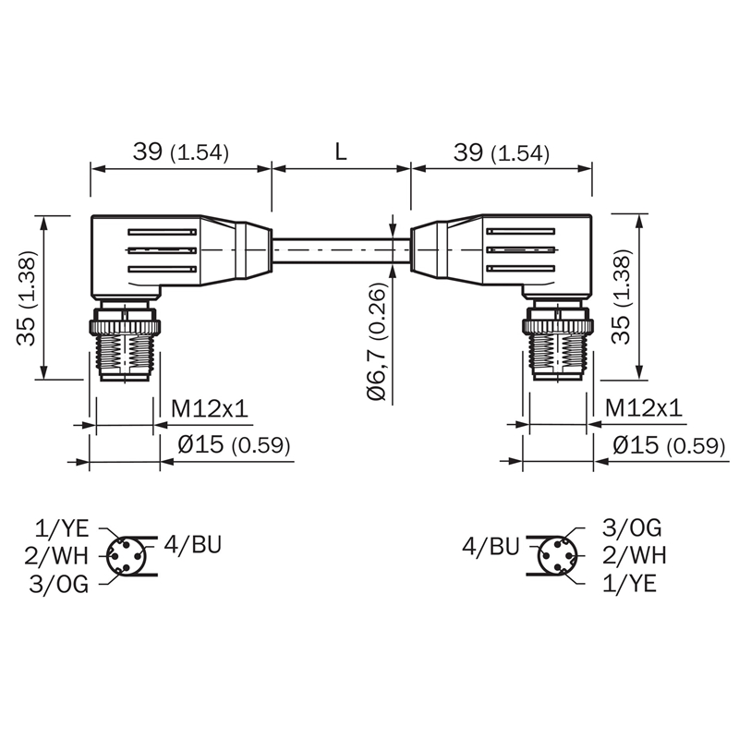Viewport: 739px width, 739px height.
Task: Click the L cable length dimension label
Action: coord(341,151)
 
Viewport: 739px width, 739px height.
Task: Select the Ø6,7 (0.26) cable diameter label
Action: coord(378,342)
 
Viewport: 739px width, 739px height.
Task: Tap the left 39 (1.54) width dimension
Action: coord(180,151)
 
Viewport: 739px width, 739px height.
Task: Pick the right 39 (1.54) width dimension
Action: coord(502,151)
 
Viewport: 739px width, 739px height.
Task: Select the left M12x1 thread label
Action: coord(210,408)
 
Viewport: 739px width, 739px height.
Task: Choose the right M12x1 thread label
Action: coord(644,407)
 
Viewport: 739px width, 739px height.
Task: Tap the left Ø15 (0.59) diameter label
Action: coord(234,444)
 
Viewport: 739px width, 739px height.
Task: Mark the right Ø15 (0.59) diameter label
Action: coord(669,445)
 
